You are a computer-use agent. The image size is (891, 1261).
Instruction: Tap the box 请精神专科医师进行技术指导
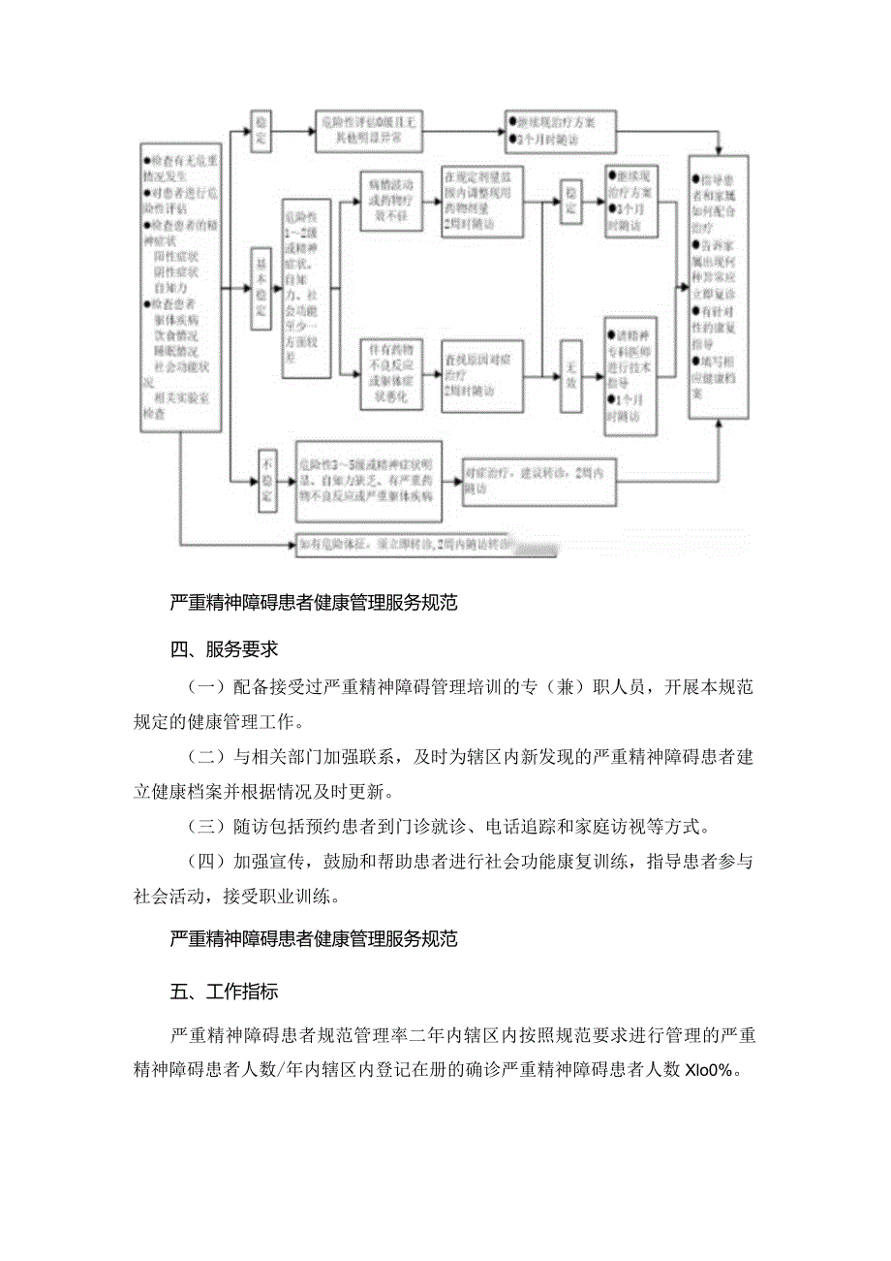coord(630,374)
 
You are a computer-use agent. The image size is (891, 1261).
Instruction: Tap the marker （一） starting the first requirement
coord(204,687)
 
